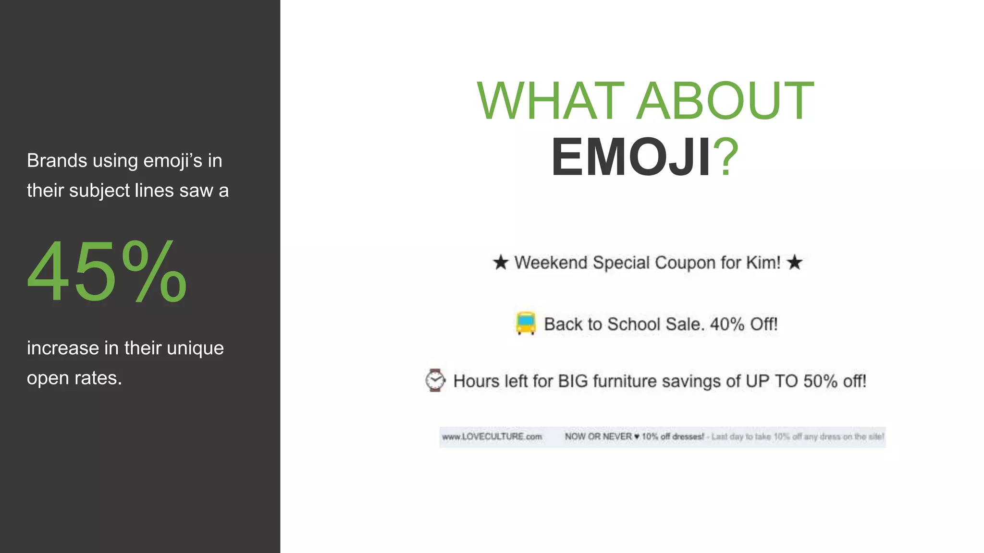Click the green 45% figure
click(x=107, y=272)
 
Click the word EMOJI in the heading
click(x=631, y=157)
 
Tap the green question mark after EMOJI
click(x=726, y=157)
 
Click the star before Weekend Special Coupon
click(x=500, y=263)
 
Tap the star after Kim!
click(x=795, y=263)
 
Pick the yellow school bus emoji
click(x=525, y=323)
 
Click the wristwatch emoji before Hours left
click(x=435, y=380)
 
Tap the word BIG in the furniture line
click(x=573, y=381)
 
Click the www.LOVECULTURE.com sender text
click(x=492, y=437)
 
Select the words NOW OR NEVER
click(x=598, y=437)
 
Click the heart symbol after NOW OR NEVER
click(x=637, y=437)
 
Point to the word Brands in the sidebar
click(x=57, y=160)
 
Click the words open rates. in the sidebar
click(x=74, y=378)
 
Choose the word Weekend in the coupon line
click(x=551, y=263)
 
